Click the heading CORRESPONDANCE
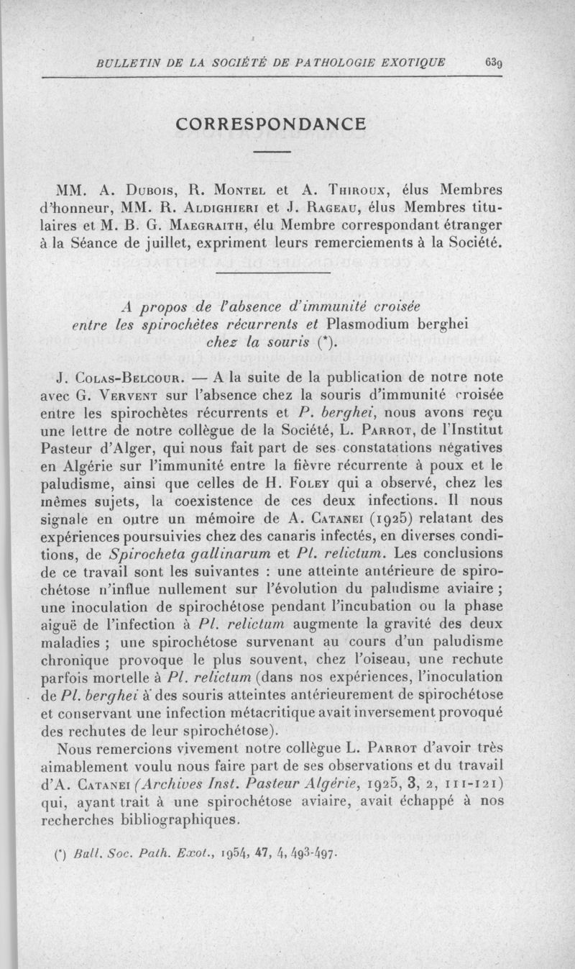(272, 124)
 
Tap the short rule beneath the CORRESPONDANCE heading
(272, 152)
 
